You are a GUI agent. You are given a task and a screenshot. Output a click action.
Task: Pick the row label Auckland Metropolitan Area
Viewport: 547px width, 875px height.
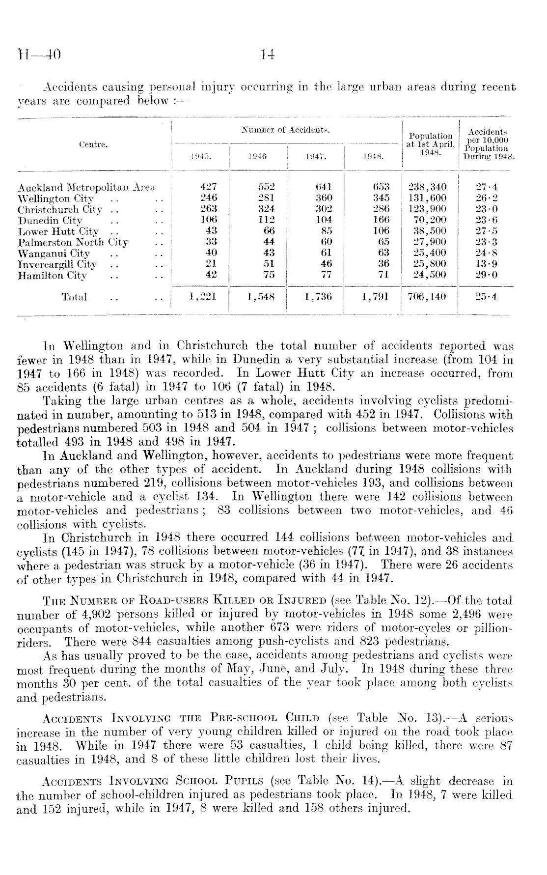click(86, 187)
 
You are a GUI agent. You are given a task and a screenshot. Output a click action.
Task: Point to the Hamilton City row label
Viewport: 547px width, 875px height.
click(52, 276)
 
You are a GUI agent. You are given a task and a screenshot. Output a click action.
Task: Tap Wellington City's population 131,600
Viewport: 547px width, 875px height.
click(427, 198)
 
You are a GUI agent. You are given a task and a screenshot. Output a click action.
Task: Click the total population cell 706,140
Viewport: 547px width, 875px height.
click(427, 297)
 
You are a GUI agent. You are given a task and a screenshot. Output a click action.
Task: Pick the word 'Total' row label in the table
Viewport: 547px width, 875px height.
click(74, 297)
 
